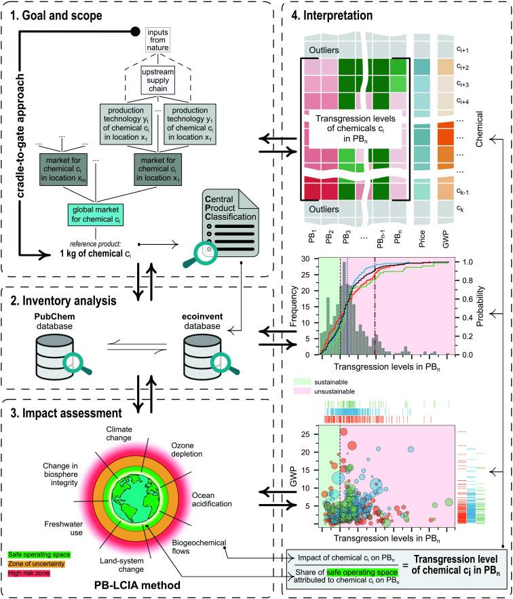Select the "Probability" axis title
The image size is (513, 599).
[x=475, y=305]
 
